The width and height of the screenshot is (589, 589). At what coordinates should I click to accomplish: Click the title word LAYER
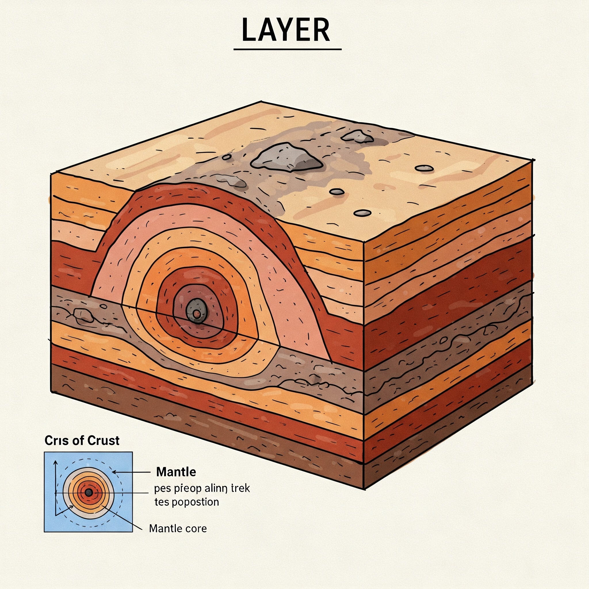[x=286, y=30]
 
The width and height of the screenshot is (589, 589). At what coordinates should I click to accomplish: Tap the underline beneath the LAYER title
[x=287, y=49]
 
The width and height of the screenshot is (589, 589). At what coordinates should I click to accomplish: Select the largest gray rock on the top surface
[x=286, y=158]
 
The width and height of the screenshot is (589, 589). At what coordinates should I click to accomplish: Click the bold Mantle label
[x=176, y=472]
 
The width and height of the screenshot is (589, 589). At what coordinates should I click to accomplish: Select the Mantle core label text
[x=178, y=528]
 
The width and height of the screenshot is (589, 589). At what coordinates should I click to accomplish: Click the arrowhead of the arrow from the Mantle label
[x=114, y=472]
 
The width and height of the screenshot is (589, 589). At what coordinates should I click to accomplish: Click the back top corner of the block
[x=262, y=101]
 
